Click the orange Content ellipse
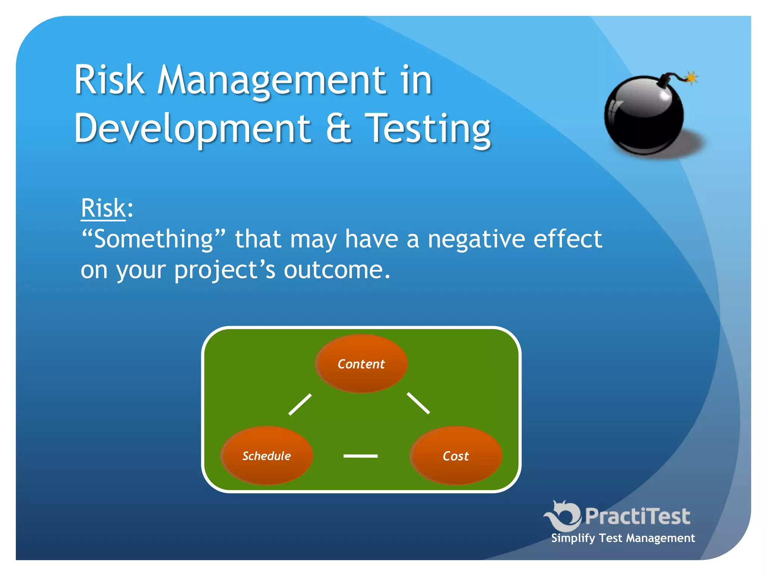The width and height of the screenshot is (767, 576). [361, 364]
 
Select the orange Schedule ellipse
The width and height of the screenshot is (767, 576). [267, 456]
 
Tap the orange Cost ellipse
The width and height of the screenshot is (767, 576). [456, 456]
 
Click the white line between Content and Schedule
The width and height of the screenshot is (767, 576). [300, 404]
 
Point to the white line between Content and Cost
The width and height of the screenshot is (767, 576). [418, 403]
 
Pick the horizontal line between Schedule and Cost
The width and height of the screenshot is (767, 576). [360, 456]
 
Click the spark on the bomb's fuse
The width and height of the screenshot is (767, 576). [691, 78]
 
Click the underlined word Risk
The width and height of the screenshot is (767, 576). [103, 208]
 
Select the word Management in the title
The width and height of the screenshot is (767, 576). [272, 80]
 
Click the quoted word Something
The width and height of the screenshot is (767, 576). [154, 239]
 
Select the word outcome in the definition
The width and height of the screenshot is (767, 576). [336, 270]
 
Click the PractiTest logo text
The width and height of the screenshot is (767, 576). [637, 516]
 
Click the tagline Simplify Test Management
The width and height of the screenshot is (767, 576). [623, 538]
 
